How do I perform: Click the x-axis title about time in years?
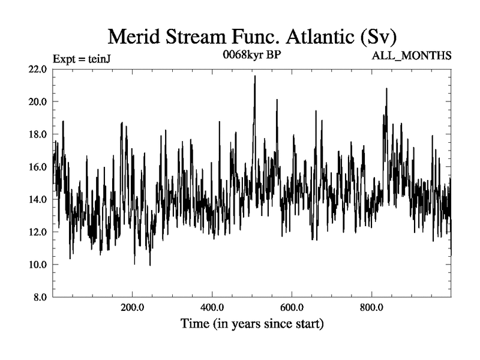coord(253,325)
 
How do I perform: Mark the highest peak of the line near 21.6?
coord(255,76)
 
